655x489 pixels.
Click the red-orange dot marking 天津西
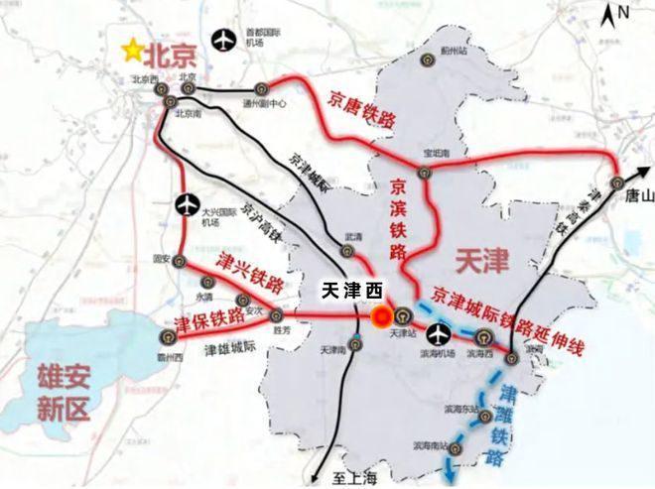[380, 317]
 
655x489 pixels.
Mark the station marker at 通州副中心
[260, 87]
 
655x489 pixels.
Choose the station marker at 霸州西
[166, 336]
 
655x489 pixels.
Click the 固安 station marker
[181, 261]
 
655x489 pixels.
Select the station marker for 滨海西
[483, 336]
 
